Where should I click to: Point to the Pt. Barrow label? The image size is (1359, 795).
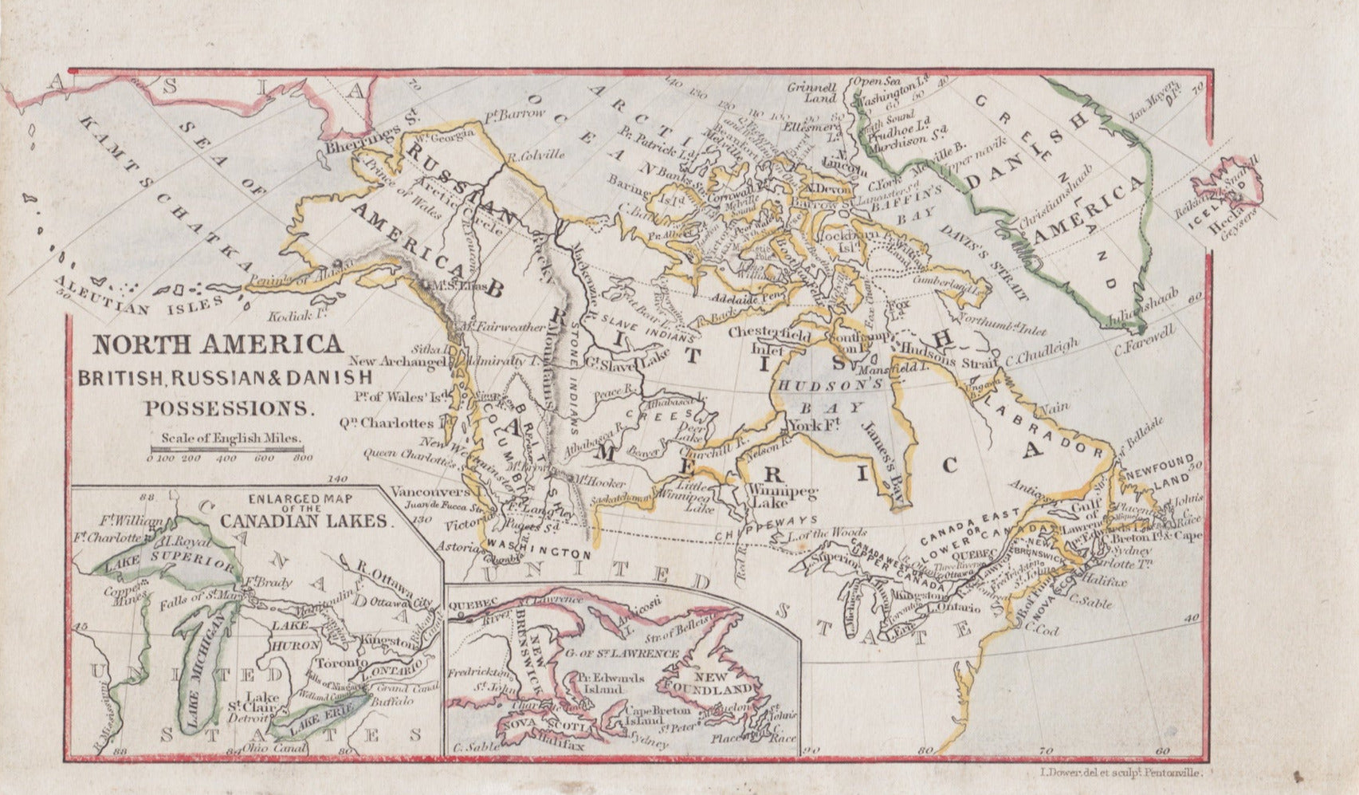click(516, 115)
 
